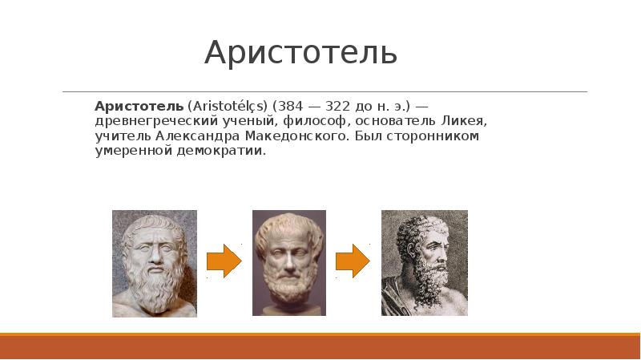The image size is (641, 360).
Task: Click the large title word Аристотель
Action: coord(301,53)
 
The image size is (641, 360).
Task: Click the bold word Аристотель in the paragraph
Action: coord(139,107)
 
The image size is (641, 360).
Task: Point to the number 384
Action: coord(291,107)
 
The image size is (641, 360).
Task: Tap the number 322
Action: coord(338,107)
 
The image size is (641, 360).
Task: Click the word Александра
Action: coord(198,136)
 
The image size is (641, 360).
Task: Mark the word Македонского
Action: coord(296,136)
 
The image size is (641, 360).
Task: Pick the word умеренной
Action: coord(133,151)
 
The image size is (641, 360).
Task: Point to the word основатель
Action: coord(395,122)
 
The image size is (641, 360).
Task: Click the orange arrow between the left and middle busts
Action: coord(224,261)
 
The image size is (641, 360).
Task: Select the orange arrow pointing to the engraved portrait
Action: coord(353,261)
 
